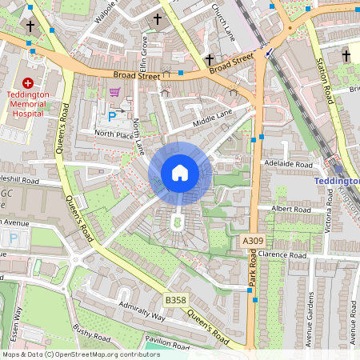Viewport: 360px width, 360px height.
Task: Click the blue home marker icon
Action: coord(180,173)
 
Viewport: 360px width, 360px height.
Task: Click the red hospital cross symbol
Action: coord(29,83)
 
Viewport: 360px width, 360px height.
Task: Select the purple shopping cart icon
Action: coord(114,93)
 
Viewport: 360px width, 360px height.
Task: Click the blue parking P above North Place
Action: coord(112,117)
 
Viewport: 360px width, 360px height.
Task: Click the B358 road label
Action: coord(175,299)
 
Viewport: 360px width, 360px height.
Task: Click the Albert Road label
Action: coord(291,209)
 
